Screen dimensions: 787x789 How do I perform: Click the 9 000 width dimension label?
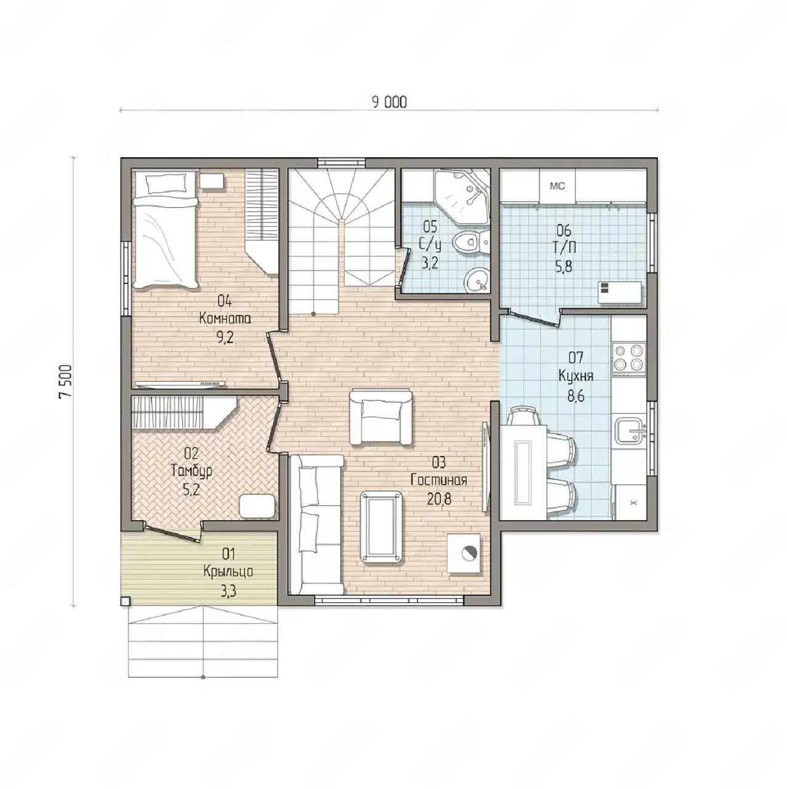389,102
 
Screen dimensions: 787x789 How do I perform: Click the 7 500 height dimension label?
66,381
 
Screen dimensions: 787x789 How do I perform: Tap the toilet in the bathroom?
471,243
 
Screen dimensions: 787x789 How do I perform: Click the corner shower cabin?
462,197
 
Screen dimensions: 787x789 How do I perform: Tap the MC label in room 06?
557,186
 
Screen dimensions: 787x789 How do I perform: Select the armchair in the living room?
381,416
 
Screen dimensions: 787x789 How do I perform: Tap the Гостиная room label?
439,480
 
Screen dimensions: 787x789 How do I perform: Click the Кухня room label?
576,376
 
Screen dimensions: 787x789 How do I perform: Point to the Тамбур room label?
192,472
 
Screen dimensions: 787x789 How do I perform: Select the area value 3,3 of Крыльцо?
228,591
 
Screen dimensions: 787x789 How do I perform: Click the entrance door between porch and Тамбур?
172,532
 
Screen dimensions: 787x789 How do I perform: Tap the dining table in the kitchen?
523,473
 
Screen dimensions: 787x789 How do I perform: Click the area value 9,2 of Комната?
225,338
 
